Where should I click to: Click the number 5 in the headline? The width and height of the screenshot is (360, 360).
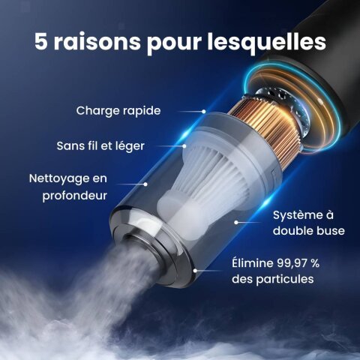[x=40, y=41]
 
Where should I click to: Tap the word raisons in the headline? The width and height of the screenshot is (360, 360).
[x=97, y=41]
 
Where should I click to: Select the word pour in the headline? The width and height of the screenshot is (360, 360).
[x=174, y=43]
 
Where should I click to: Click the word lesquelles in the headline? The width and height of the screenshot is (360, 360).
[x=267, y=41]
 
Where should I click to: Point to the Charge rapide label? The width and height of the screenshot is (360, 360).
[x=118, y=111]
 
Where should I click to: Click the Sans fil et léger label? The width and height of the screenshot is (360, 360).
[x=100, y=146]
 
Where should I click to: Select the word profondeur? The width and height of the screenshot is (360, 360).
[x=74, y=196]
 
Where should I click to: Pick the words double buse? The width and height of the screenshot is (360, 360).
[x=309, y=231]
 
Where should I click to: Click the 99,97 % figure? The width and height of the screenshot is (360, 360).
[x=298, y=263]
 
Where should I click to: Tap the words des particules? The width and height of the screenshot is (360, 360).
[x=272, y=279]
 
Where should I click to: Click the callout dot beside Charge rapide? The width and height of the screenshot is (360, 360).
[x=204, y=112]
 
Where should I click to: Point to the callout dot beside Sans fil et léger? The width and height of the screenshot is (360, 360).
[x=184, y=146]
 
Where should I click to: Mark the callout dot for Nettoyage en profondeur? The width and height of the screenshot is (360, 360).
[x=145, y=184]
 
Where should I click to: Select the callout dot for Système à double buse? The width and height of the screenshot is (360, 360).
[x=236, y=222]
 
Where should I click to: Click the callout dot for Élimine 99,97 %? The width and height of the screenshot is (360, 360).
[x=195, y=271]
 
